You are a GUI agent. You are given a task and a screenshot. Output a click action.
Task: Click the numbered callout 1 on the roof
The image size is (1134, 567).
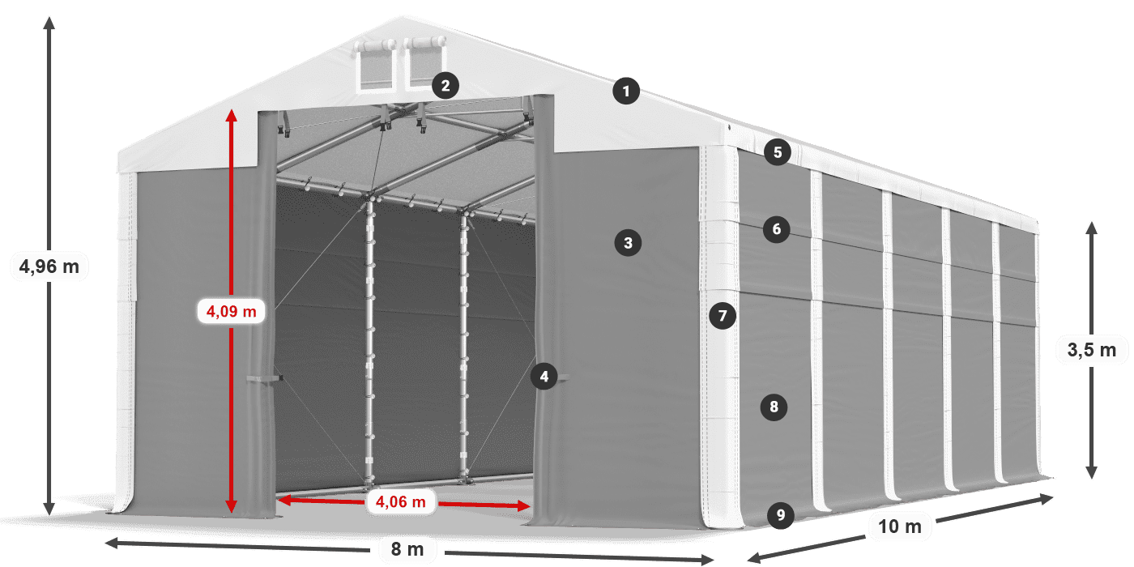[626, 91]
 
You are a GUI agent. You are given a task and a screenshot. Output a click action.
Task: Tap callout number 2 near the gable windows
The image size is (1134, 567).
[446, 86]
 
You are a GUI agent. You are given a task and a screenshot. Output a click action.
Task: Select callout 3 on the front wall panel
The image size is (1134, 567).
[629, 243]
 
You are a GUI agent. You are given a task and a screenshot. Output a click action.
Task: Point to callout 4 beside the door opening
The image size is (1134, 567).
[544, 377]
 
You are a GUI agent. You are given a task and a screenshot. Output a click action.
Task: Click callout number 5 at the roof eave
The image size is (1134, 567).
[778, 152]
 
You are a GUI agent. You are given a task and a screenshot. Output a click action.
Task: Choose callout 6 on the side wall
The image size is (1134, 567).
[777, 229]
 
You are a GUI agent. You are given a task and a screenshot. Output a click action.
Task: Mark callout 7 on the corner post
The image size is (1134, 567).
[723, 316]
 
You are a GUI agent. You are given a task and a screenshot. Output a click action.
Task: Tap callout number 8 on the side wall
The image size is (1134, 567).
[774, 407]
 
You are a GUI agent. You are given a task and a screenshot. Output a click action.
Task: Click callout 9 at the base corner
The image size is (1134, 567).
[781, 515]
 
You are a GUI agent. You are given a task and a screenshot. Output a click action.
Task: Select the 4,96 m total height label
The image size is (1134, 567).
[49, 266]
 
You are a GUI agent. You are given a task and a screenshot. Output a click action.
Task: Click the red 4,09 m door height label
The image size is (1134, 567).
[232, 311]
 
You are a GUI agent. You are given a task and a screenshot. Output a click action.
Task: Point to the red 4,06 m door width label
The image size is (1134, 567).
[400, 501]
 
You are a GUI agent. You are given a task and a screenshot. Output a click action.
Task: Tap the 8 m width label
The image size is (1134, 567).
[407, 549]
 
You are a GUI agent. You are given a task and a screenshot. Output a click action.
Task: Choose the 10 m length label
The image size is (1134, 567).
[900, 526]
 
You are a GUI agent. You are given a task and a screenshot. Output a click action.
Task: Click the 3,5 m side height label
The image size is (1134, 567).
[1092, 350]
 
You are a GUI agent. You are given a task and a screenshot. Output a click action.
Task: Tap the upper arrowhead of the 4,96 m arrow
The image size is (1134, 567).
[49, 23]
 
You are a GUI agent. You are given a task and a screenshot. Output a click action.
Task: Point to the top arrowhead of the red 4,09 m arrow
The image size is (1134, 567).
[232, 115]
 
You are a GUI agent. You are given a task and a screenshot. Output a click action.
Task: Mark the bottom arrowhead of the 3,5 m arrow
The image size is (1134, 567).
[1092, 472]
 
